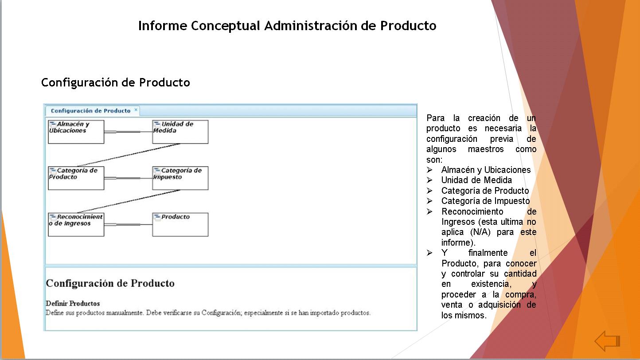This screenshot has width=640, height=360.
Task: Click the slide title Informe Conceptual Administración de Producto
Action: (287, 26)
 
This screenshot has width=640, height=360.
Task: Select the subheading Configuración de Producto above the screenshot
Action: (115, 82)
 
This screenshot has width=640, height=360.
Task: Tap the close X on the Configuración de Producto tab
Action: (136, 110)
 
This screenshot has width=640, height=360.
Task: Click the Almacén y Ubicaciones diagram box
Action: (76, 132)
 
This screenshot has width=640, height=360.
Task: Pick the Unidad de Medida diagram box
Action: (180, 132)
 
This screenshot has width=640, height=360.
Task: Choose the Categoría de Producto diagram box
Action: (76, 178)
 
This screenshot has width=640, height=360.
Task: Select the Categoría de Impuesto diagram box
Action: (180, 178)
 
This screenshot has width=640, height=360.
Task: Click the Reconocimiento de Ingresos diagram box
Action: (76, 225)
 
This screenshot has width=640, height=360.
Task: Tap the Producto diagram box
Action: (180, 225)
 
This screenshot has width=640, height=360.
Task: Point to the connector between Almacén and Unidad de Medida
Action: (128, 132)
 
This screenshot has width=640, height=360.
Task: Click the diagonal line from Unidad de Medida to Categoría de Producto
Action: (129, 155)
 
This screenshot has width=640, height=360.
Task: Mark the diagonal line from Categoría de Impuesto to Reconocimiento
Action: (129, 201)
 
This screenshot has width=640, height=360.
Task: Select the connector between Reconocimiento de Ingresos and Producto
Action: (128, 225)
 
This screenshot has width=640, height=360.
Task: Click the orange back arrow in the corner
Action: (607, 341)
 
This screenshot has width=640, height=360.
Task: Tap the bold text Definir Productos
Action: (73, 303)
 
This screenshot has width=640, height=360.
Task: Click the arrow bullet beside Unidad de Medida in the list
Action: (429, 180)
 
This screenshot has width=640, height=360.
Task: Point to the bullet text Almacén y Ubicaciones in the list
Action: (486, 170)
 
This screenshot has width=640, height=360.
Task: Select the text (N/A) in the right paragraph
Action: (480, 232)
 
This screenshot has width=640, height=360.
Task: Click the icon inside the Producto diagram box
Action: (157, 217)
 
